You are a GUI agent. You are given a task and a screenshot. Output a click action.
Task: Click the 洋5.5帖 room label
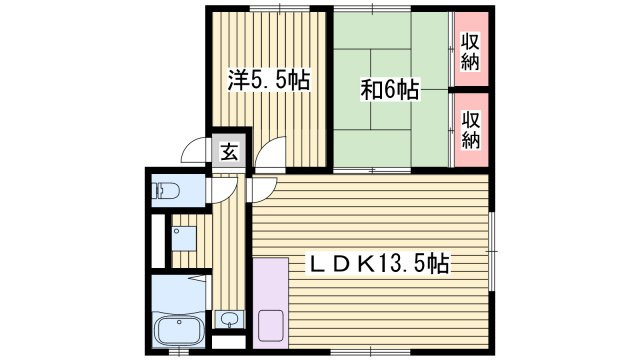[x=269, y=80]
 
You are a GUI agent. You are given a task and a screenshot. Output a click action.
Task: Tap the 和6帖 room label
[x=389, y=90]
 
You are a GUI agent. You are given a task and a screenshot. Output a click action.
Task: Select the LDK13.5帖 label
[x=378, y=264]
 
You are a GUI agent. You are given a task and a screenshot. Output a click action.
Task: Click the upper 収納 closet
[x=471, y=49]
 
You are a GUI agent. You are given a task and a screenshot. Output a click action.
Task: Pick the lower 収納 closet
[x=471, y=130]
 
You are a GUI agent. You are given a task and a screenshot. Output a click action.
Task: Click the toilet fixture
[x=167, y=190]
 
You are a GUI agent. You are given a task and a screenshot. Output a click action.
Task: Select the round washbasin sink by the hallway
[x=229, y=319]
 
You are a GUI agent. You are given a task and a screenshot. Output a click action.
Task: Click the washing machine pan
[x=184, y=238]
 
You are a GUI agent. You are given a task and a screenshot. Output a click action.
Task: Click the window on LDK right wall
[x=492, y=251]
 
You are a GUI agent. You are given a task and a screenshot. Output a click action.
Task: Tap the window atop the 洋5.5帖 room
[x=280, y=9]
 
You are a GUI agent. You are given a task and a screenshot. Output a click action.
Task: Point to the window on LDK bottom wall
[x=371, y=351]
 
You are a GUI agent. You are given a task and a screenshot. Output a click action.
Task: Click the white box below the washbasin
[x=229, y=342]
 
